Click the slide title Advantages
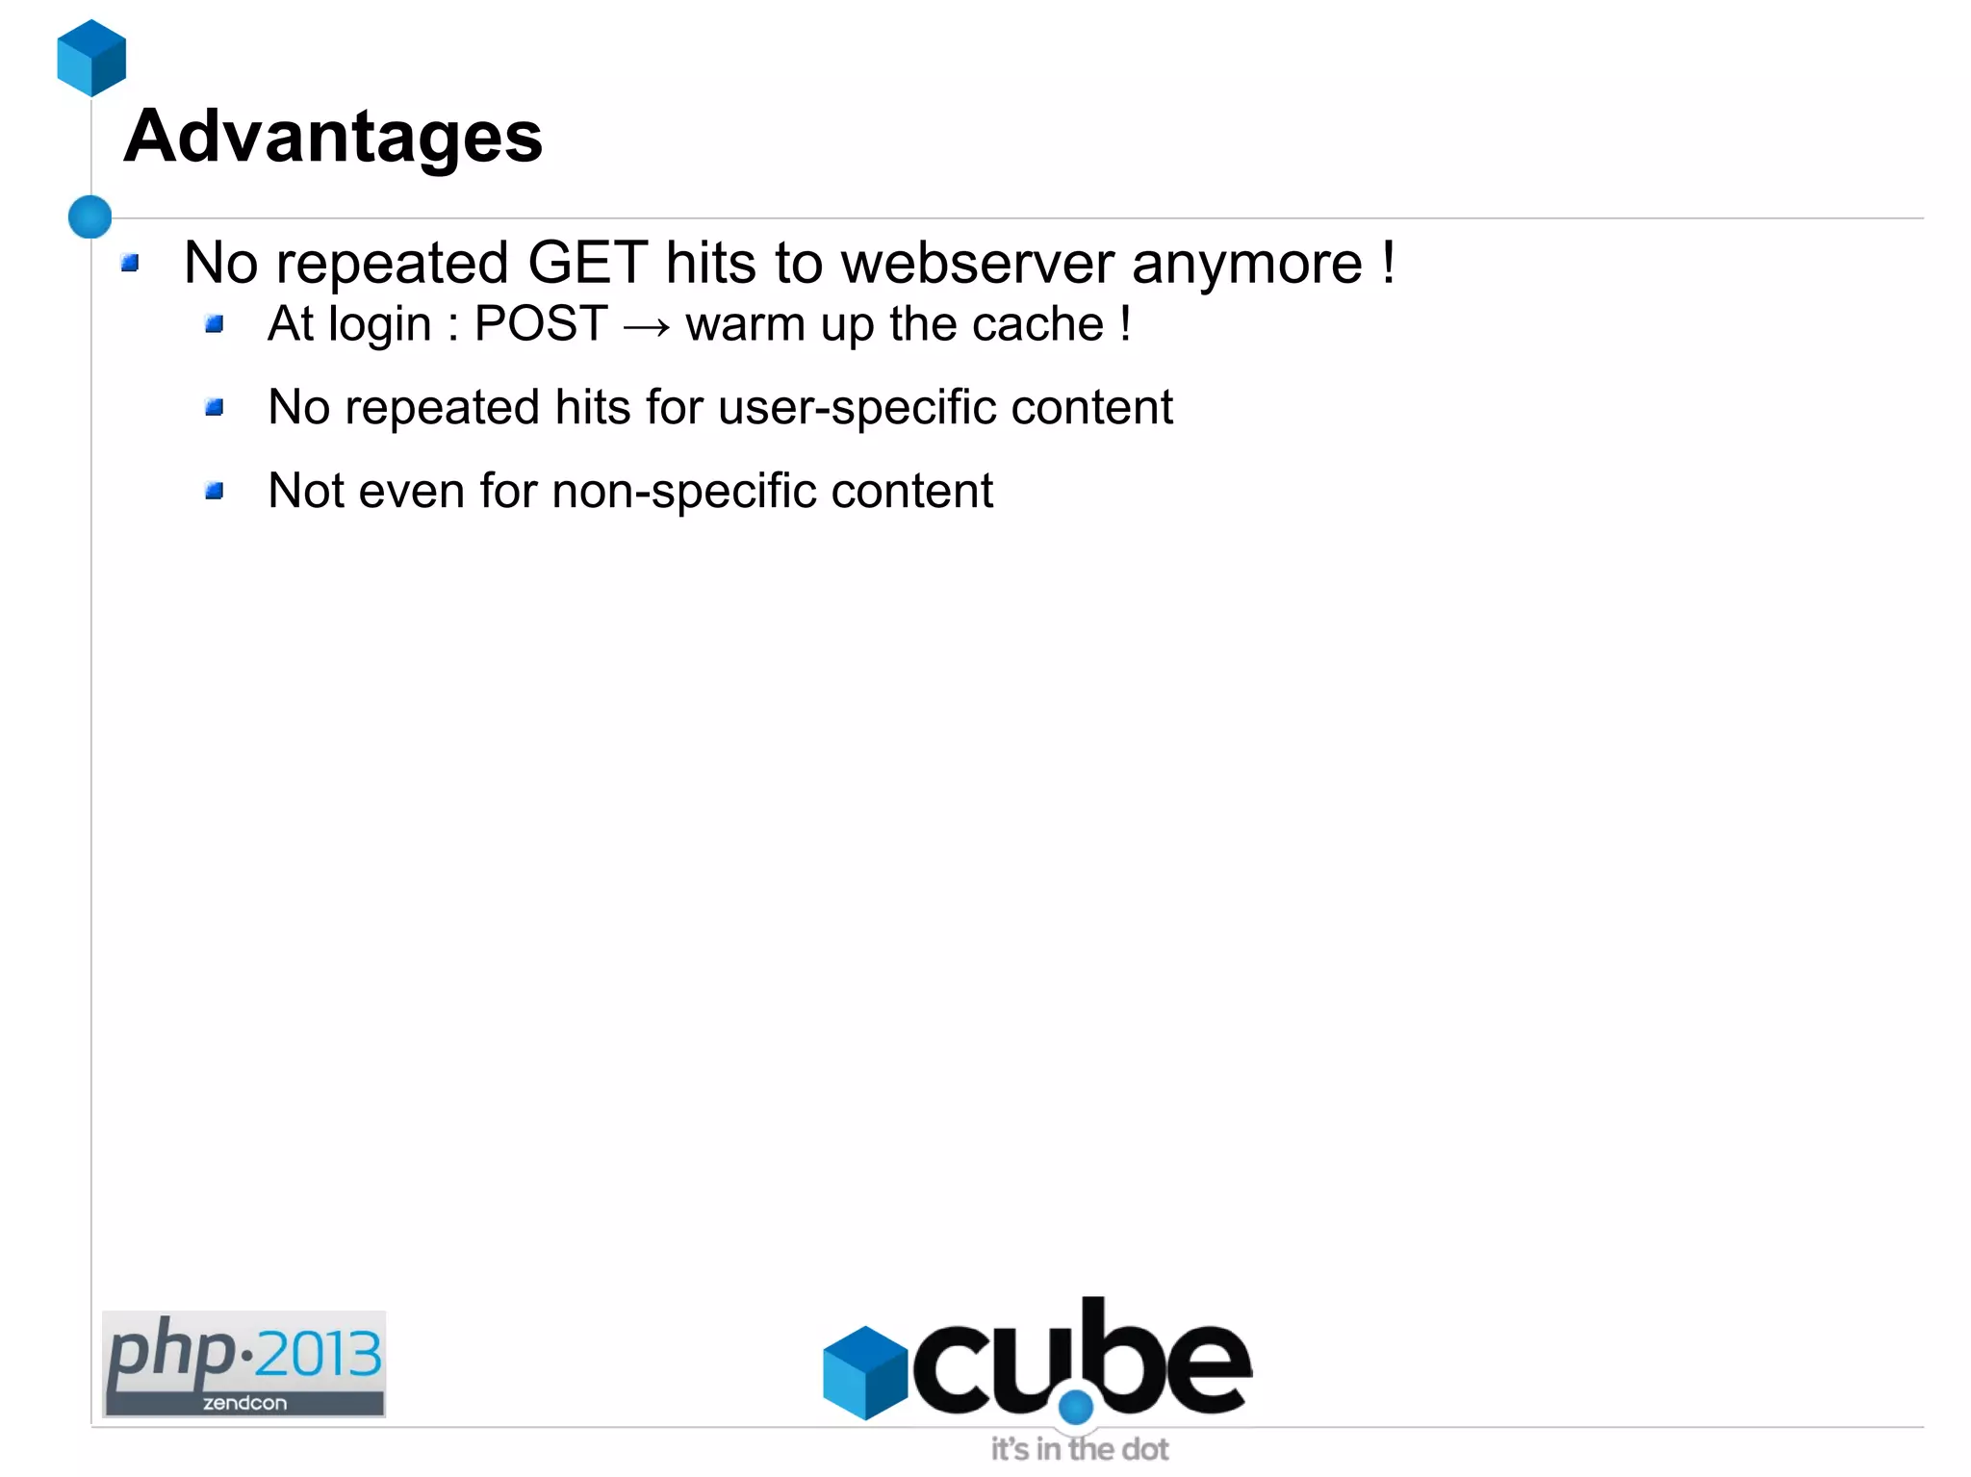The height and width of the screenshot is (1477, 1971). (333, 137)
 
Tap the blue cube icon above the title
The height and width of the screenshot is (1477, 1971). (91, 58)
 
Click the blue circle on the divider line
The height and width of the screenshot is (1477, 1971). (90, 216)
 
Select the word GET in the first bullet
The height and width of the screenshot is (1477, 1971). (587, 263)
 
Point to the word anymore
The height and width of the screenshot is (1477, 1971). (1247, 263)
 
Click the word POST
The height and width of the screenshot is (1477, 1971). (541, 324)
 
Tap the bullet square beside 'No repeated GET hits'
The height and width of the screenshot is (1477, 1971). (131, 263)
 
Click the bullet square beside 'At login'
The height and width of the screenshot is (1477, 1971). (215, 324)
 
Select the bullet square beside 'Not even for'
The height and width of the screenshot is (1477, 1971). (215, 492)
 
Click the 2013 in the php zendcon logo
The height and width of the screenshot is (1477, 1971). (319, 1355)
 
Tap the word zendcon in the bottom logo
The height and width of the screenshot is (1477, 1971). (244, 1403)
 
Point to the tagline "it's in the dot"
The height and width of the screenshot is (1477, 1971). (1080, 1449)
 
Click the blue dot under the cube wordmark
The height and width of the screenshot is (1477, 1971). (1076, 1407)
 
